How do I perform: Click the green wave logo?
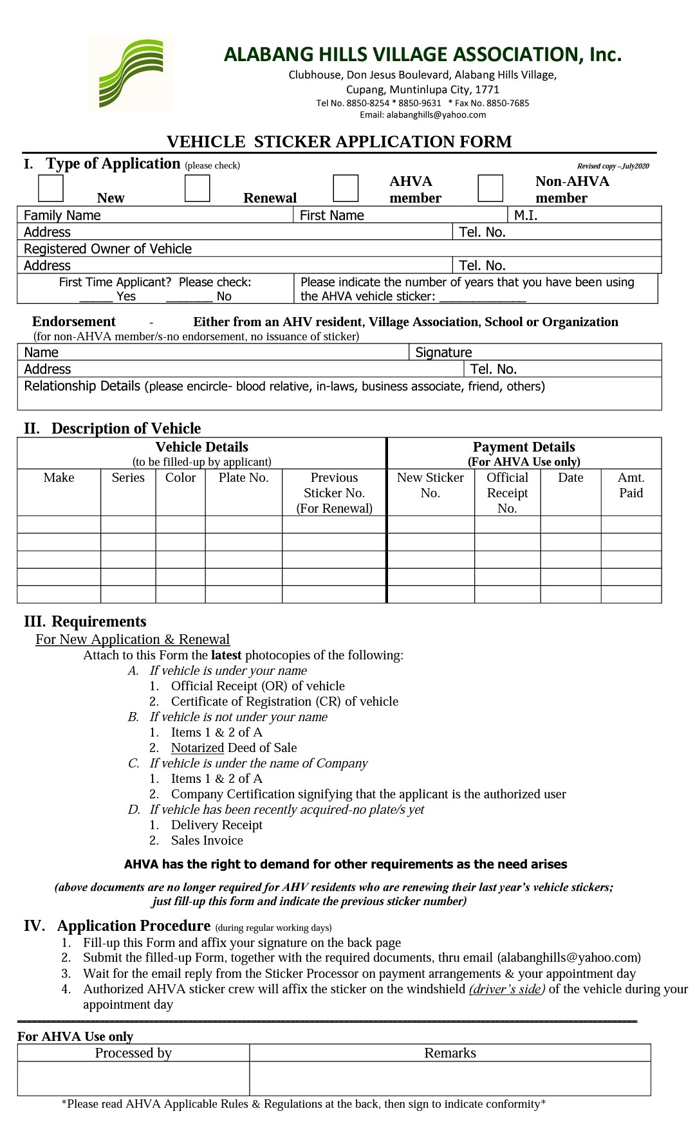coord(131,73)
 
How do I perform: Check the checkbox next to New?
coord(51,188)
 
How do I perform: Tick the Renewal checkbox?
coord(197,188)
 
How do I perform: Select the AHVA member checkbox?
coord(346,188)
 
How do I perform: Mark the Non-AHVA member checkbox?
coord(490,188)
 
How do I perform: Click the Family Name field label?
coord(62,216)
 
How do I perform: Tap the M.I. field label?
coord(526,216)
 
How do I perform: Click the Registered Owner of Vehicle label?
coord(107,249)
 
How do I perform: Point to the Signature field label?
coord(443,353)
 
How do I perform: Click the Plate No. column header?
coord(243,477)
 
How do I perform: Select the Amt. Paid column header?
coord(631,485)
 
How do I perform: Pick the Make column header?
coord(59,477)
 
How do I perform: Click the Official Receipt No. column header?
coord(507,493)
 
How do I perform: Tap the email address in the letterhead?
coord(423,115)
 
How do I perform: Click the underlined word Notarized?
coord(197,748)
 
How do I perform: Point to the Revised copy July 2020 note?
coord(613,166)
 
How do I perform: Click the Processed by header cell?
coord(133,1053)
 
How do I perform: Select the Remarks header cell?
coord(450,1053)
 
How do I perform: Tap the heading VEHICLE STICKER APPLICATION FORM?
coord(339,142)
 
